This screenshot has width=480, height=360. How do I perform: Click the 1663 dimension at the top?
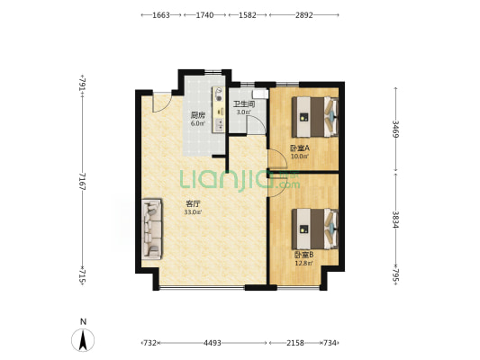point(161,15)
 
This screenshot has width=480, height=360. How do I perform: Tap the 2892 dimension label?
point(304,15)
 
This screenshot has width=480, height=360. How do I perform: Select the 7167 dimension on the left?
point(82,181)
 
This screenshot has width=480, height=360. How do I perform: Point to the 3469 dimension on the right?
point(395,129)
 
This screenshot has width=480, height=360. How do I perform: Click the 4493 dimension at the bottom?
point(213,343)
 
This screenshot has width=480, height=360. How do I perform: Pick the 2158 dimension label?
point(295,343)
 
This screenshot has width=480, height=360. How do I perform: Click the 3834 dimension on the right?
point(395,220)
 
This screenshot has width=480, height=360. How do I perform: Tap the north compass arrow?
point(83,340)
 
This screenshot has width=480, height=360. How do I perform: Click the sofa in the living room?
point(152,229)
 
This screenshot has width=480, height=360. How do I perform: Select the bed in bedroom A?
point(314,117)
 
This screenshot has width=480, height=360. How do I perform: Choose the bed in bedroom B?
point(314,229)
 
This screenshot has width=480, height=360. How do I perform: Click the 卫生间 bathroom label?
point(244,104)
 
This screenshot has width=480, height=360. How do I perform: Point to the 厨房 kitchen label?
point(198,115)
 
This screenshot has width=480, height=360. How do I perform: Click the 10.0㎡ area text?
point(299,157)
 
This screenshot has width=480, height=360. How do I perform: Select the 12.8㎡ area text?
point(303,263)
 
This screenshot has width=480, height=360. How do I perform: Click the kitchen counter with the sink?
point(219,110)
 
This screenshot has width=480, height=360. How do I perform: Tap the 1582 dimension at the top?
point(248,15)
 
